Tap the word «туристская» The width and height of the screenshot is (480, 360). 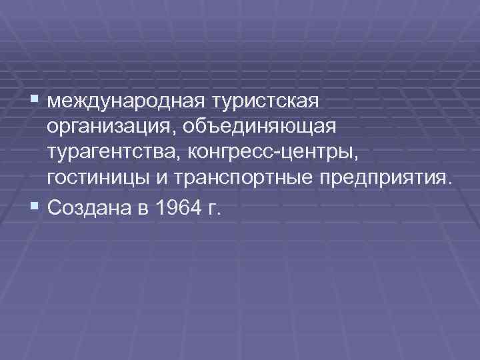[267, 102]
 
